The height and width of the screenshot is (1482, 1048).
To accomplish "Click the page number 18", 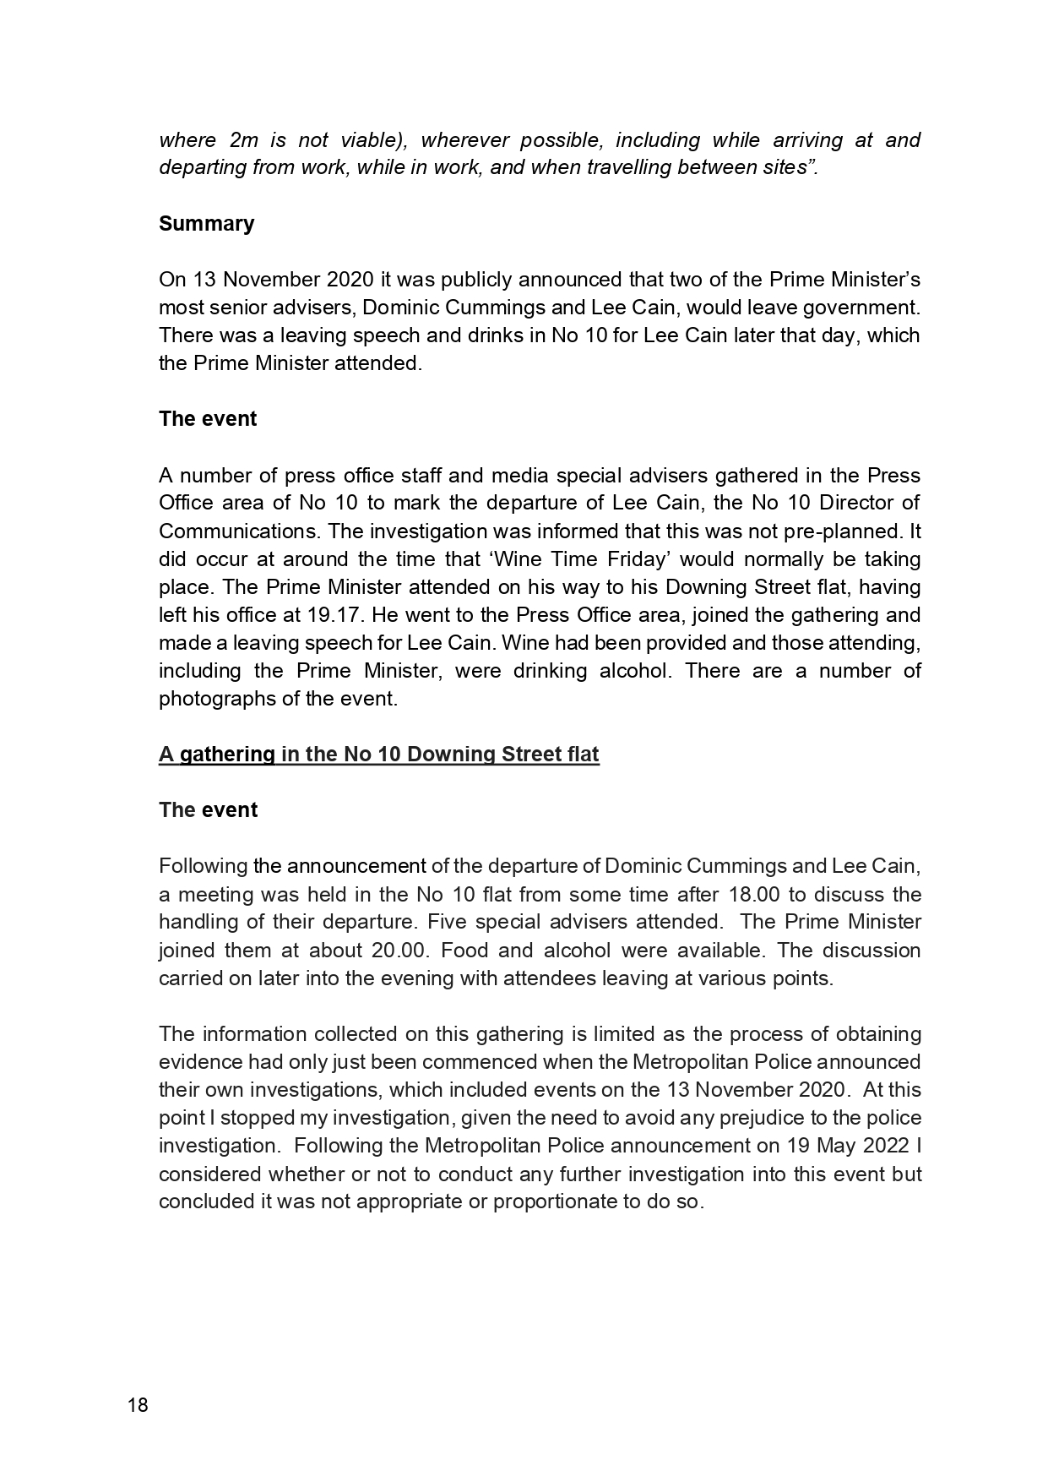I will tap(138, 1405).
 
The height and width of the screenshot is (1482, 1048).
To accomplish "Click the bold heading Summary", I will tap(206, 224).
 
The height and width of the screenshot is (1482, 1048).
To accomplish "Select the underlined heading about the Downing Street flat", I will tap(378, 755).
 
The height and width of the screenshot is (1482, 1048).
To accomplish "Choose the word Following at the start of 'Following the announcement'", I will tap(203, 866).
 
